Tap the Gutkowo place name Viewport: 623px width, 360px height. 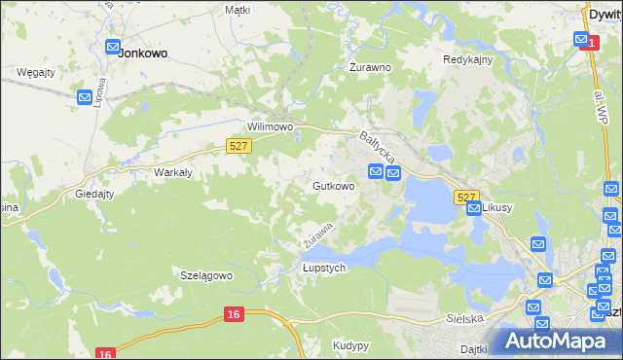click(x=333, y=186)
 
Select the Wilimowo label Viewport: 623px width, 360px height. click(x=271, y=127)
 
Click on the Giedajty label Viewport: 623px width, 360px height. click(x=94, y=194)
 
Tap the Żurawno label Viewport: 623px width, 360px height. click(x=370, y=68)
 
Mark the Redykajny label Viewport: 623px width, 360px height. click(x=468, y=59)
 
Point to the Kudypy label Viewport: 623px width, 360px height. click(x=350, y=345)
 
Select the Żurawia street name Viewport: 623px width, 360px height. click(x=317, y=234)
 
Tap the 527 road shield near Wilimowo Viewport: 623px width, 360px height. click(x=239, y=146)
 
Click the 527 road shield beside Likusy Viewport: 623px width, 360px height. click(x=466, y=197)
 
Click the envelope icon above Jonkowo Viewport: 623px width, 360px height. click(x=113, y=46)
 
